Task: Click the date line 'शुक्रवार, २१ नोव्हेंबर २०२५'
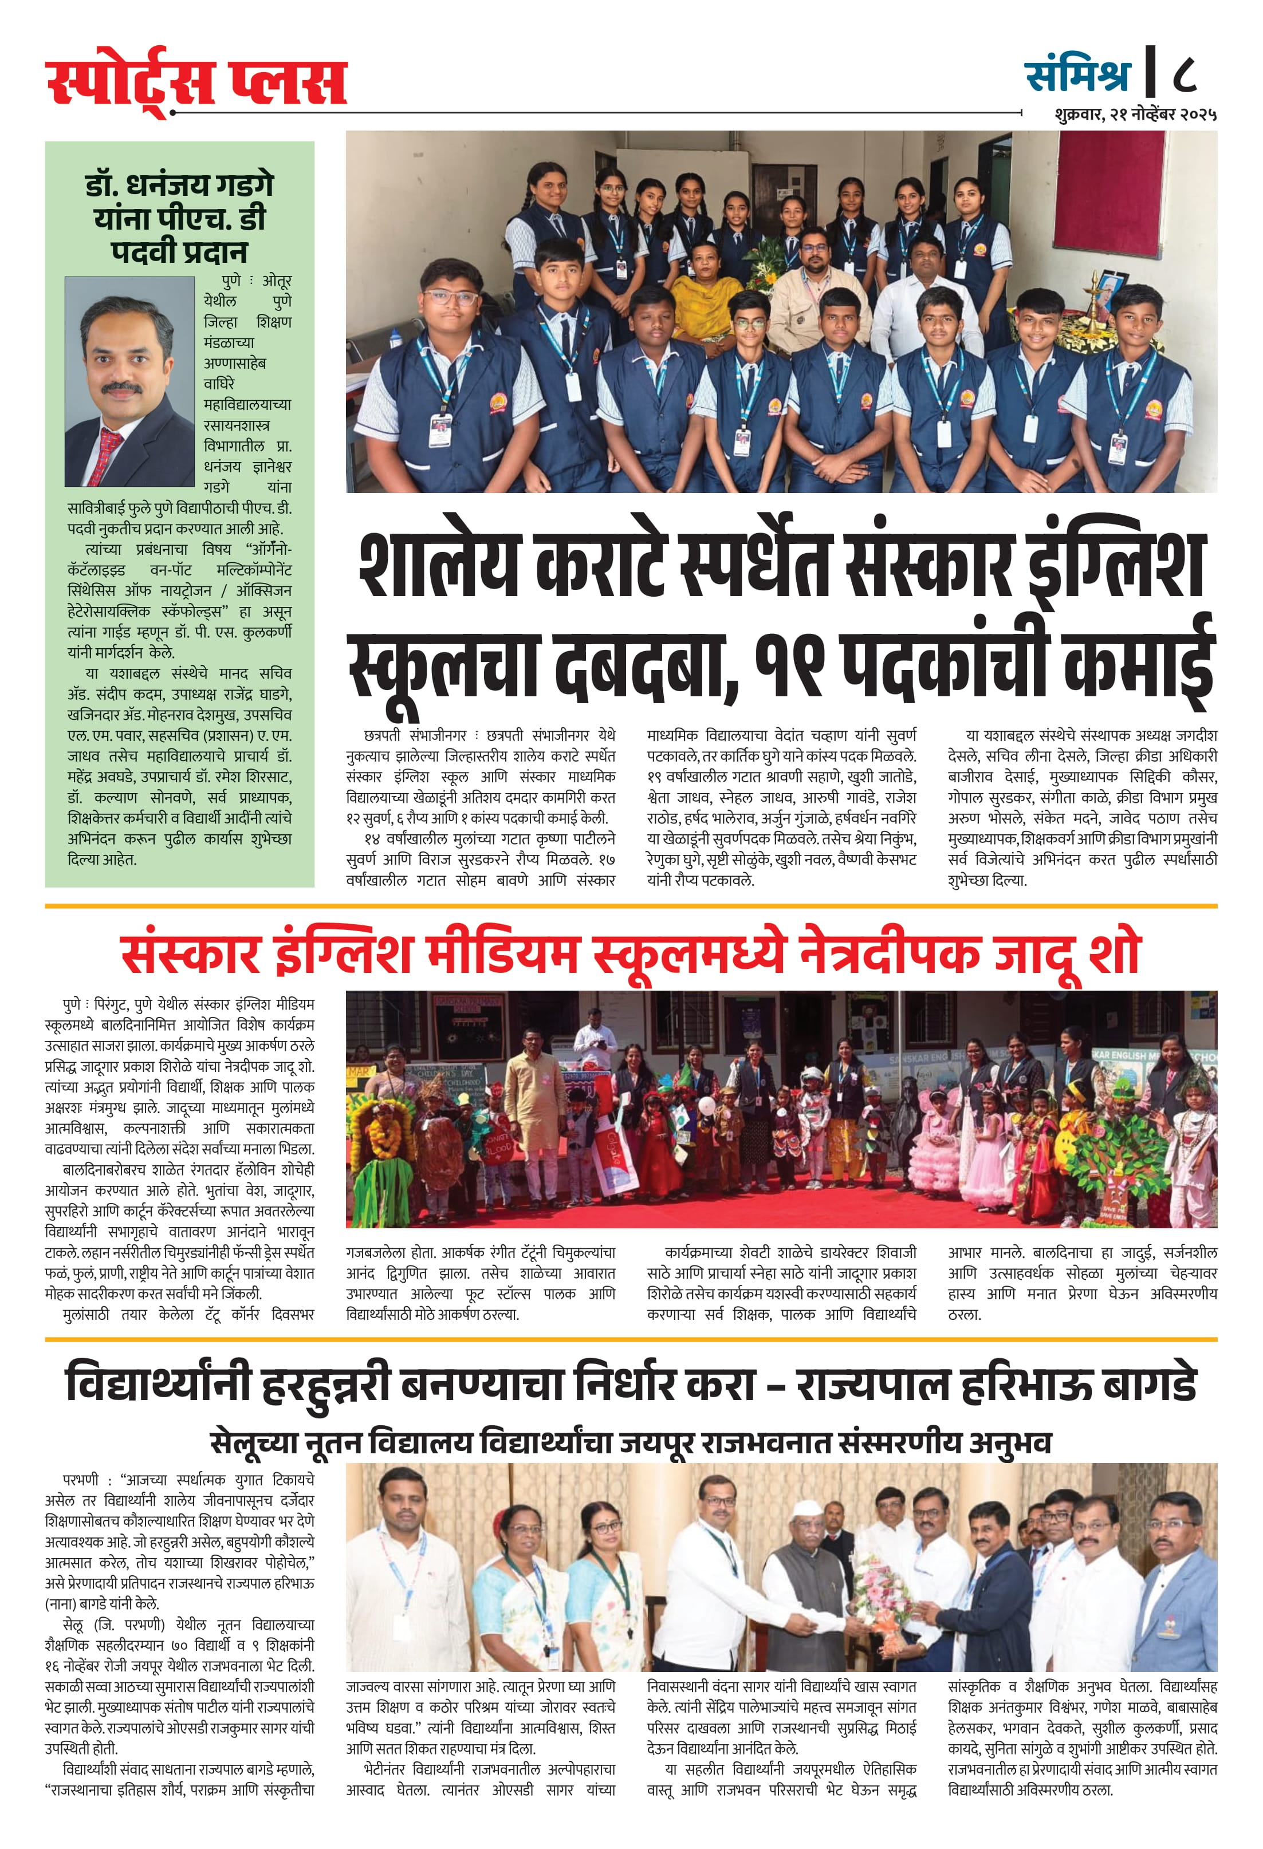1135,115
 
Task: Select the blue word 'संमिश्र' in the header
1077,76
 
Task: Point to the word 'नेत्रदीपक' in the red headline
889,955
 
